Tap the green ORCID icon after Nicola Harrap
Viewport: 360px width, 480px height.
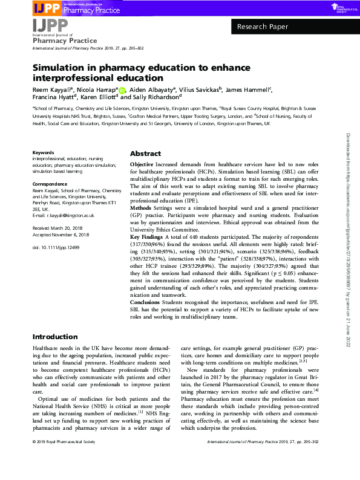coord(122,91)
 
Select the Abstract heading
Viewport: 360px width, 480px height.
coord(145,154)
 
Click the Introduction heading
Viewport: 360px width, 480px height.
coord(55,337)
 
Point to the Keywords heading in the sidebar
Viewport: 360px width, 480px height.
coord(43,153)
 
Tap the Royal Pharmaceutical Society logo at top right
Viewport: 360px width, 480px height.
coord(342,7)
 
